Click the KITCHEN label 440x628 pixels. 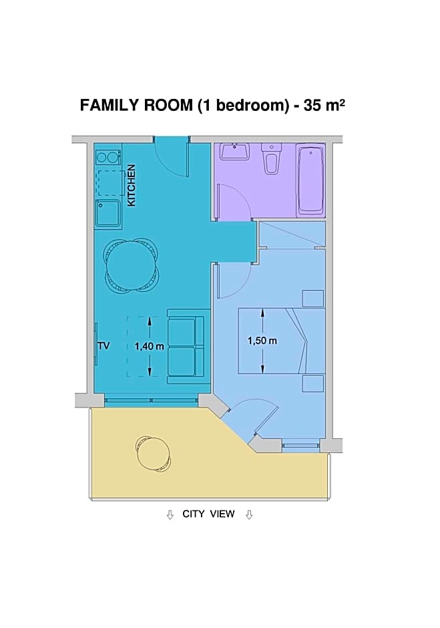point(132,185)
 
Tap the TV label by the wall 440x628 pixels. point(103,346)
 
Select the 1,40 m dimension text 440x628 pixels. point(149,347)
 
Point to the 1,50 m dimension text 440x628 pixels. point(262,341)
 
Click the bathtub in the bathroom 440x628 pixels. point(311,180)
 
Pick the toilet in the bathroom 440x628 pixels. point(270,159)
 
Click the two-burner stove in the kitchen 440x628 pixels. point(107,158)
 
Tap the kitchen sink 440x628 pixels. point(107,212)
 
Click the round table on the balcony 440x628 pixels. point(154,454)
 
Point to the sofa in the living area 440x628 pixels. point(185,347)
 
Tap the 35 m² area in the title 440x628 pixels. point(324,106)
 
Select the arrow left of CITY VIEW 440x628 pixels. point(170,514)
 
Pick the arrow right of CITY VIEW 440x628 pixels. point(249,514)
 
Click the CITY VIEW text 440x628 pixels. point(208,514)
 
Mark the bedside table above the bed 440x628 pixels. point(312,298)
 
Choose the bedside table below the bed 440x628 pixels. point(312,383)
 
